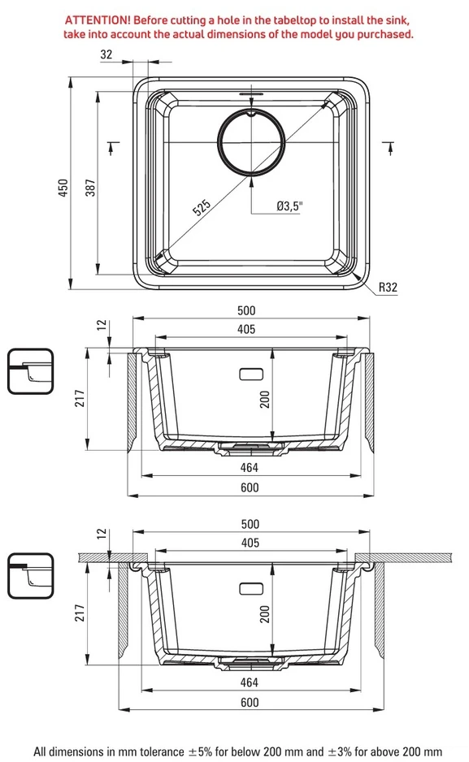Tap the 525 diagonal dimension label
point(202,207)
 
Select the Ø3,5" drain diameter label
point(289,206)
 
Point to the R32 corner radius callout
point(388,288)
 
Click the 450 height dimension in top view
point(63,188)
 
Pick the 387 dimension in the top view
point(91,188)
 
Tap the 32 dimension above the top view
point(106,54)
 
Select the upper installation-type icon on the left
point(30,371)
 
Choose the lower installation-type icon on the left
point(30,576)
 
